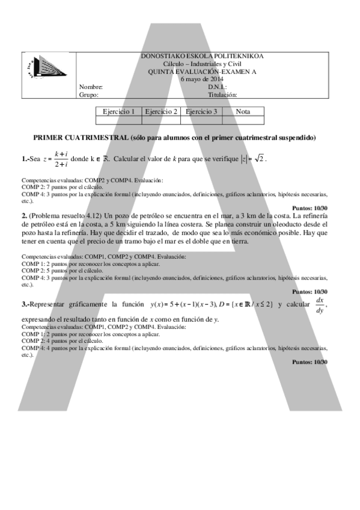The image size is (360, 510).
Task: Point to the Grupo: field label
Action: [88, 94]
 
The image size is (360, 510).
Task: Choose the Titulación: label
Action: [223, 94]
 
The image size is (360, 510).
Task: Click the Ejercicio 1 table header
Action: [118, 111]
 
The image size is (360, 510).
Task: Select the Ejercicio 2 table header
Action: [160, 111]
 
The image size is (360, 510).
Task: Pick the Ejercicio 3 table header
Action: [201, 111]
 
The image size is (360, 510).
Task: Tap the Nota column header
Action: [243, 111]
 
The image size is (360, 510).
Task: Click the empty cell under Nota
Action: [243, 120]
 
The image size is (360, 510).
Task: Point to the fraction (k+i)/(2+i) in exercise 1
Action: [59, 159]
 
